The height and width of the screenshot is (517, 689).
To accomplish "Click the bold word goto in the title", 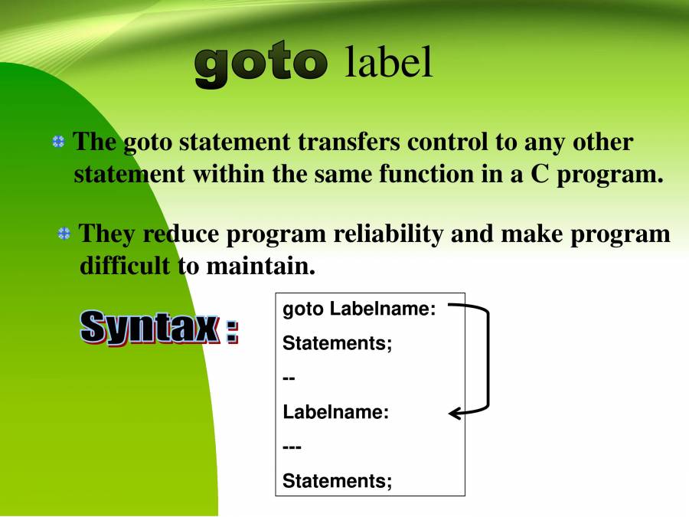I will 260,64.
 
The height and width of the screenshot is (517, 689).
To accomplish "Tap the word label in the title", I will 388,63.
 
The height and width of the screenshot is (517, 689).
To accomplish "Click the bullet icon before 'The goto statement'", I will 58,142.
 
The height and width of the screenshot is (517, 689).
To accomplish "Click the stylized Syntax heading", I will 159,328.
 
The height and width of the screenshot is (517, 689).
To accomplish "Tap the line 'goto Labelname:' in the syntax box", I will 359,309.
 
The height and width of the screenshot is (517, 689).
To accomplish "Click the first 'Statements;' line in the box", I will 338,344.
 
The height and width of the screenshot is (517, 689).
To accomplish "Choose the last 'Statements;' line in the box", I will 338,481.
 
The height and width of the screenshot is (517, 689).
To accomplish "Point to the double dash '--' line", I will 289,378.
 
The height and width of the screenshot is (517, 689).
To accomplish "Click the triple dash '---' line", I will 292,447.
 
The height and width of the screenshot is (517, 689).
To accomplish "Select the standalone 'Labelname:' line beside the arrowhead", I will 336,412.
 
